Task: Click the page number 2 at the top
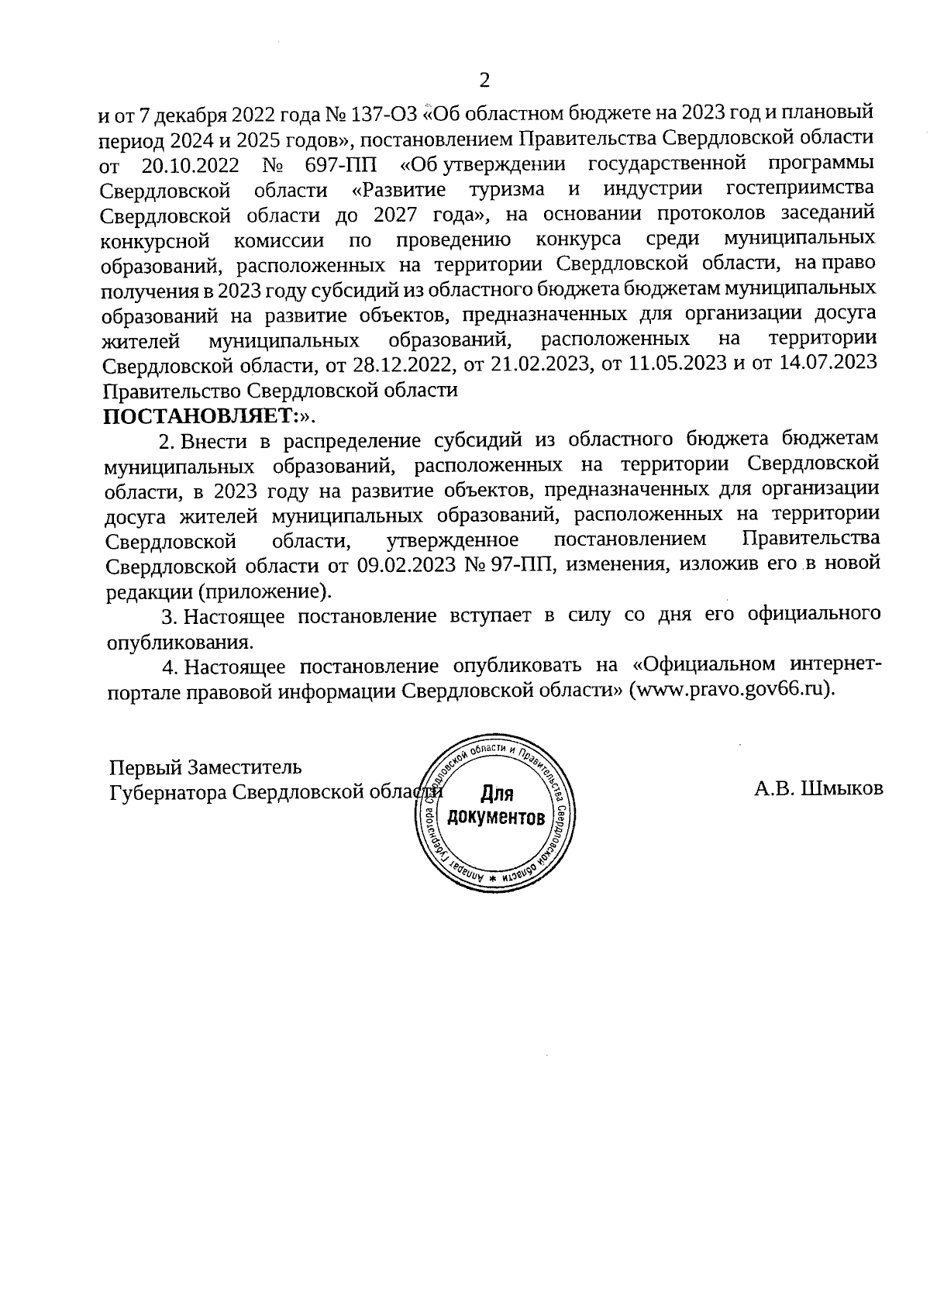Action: [485, 80]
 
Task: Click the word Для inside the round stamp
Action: [498, 793]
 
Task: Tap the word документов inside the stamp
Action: [496, 818]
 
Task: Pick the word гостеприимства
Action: [801, 189]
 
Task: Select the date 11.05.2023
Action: [677, 364]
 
